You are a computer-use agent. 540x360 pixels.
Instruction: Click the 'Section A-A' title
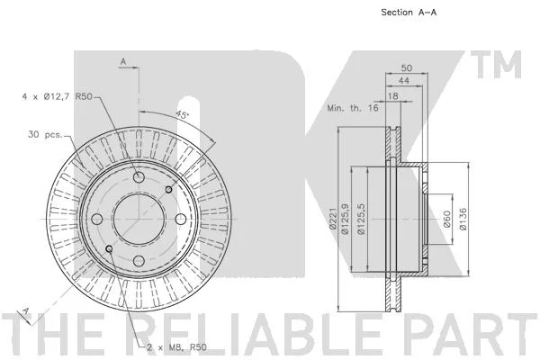click(409, 13)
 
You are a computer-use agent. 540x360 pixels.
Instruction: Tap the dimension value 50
click(407, 67)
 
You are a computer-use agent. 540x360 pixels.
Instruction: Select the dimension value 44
click(403, 81)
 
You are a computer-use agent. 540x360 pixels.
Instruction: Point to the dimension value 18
click(393, 96)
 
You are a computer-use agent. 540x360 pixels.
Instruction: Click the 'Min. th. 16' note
click(353, 108)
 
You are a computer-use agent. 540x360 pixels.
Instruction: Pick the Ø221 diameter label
click(333, 219)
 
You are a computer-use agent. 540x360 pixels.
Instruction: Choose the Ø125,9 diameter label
click(345, 219)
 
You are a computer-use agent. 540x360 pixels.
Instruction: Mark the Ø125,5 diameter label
click(361, 219)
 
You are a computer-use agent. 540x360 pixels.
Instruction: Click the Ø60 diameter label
click(446, 219)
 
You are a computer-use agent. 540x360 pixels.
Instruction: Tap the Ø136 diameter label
click(463, 219)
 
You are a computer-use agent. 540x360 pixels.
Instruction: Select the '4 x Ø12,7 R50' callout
click(58, 96)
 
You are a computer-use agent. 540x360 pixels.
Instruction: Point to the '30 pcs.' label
click(46, 134)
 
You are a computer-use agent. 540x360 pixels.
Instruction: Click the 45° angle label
click(182, 114)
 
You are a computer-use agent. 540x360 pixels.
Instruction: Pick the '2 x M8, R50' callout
click(177, 347)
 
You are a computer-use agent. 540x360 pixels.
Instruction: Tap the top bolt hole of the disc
click(139, 177)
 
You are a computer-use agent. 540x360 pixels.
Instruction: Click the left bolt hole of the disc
click(97, 219)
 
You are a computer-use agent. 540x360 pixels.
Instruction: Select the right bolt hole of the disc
click(181, 219)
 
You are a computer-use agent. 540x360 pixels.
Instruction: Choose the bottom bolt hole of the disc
click(139, 261)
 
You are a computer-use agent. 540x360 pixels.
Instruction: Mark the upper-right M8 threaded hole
click(169, 190)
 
